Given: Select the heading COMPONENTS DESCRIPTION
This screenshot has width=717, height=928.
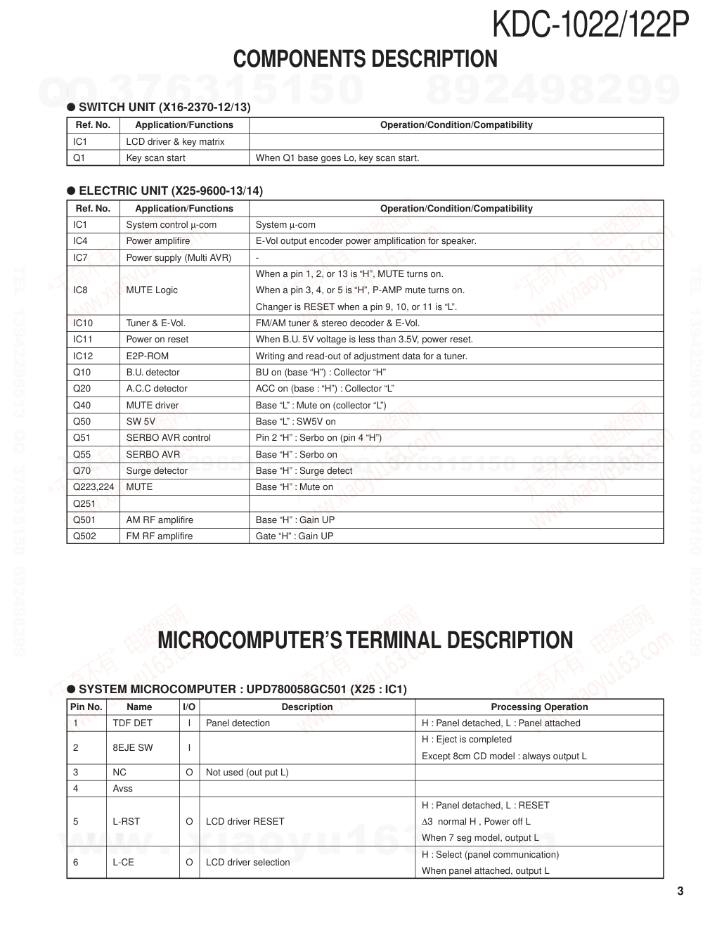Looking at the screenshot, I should point(365,59).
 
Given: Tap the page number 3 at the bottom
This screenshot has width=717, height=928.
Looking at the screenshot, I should point(680,891).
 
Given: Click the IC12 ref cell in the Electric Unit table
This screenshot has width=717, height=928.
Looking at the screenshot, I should point(83,356).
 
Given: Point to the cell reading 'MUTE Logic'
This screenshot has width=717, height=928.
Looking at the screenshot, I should point(152,290).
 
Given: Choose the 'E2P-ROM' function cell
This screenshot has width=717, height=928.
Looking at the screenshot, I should point(147,356).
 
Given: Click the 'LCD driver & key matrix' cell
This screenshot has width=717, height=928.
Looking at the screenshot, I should point(175,141).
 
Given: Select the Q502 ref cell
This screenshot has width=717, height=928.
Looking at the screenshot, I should point(84,536).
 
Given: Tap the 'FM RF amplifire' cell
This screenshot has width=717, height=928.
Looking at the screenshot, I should point(159,536).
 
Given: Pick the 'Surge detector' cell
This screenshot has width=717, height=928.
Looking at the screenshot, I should point(157,470).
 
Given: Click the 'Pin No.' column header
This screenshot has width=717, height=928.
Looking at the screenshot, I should point(86,707).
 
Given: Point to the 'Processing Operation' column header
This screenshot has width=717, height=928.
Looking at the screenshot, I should point(539,707).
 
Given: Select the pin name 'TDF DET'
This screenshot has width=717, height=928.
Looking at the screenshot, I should point(132,723).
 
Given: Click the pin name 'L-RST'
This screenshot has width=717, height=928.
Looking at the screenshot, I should point(126,821).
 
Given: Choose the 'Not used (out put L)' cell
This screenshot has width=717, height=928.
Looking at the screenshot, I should point(247,772).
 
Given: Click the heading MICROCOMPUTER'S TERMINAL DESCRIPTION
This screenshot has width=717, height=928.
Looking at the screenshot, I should point(365,640).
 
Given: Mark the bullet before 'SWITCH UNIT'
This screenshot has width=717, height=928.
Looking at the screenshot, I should point(71,108).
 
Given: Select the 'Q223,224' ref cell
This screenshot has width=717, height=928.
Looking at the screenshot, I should point(93,486).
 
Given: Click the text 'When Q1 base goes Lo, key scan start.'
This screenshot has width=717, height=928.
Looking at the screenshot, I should point(337,157).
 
